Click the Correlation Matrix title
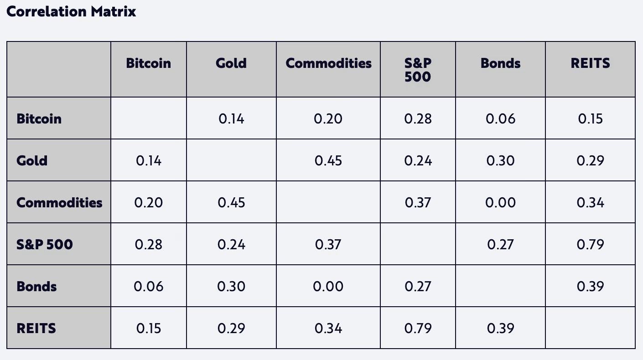pyautogui.click(x=71, y=12)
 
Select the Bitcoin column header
pyautogui.click(x=148, y=63)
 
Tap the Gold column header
pyautogui.click(x=231, y=63)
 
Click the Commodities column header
pyautogui.click(x=328, y=63)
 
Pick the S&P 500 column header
pyautogui.click(x=418, y=69)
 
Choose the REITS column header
pyautogui.click(x=590, y=63)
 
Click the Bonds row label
pyautogui.click(x=36, y=286)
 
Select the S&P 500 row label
pyautogui.click(x=45, y=244)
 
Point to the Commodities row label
pyautogui.click(x=59, y=202)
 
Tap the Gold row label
pyautogui.click(x=32, y=160)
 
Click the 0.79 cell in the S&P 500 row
pyautogui.click(x=590, y=244)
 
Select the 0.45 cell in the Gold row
pyautogui.click(x=328, y=160)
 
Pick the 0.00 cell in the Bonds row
pyautogui.click(x=328, y=286)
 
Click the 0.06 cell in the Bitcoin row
pyautogui.click(x=500, y=118)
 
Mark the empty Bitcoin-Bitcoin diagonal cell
pyautogui.click(x=148, y=118)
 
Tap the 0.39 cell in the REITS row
pyautogui.click(x=500, y=328)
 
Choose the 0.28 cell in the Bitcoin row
pyautogui.click(x=418, y=118)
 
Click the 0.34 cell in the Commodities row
pyautogui.click(x=590, y=202)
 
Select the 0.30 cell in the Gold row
pyautogui.click(x=500, y=160)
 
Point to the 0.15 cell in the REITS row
pyautogui.click(x=148, y=328)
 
